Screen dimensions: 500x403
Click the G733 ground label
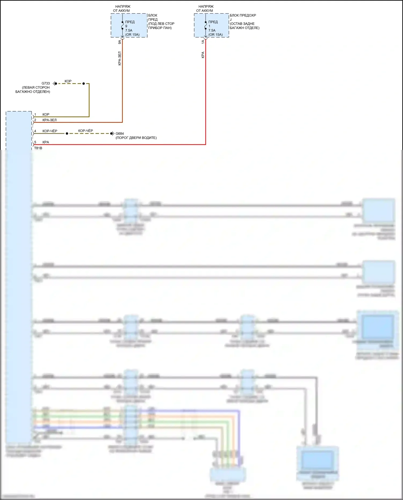pyautogui.click(x=46, y=84)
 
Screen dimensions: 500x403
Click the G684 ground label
pyautogui.click(x=120, y=134)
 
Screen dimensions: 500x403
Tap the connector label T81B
pyautogui.click(x=38, y=148)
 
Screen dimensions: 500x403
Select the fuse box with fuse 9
pyautogui.click(x=129, y=26)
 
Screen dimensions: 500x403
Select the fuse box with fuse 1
pyautogui.click(x=211, y=26)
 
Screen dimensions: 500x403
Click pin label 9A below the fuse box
pyautogui.click(x=120, y=42)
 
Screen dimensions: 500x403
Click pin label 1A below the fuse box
pyautogui.click(x=203, y=42)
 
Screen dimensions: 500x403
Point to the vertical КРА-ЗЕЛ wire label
pyautogui.click(x=120, y=58)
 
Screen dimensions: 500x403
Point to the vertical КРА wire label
pyautogui.click(x=203, y=55)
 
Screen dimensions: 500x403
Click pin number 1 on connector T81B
pyautogui.click(x=35, y=115)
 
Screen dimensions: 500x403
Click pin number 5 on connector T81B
pyautogui.click(x=35, y=142)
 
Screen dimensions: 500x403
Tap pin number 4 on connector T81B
pyautogui.click(x=35, y=131)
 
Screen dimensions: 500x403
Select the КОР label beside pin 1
pyautogui.click(x=46, y=115)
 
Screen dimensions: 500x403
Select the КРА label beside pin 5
pyautogui.click(x=46, y=142)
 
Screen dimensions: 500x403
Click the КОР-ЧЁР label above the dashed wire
pyautogui.click(x=85, y=131)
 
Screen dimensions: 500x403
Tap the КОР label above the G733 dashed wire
pyautogui.click(x=68, y=81)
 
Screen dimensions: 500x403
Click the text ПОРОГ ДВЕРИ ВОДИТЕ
pyautogui.click(x=136, y=138)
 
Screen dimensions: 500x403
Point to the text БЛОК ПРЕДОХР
pyautogui.click(x=243, y=16)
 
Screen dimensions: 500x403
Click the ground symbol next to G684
pyautogui.click(x=112, y=134)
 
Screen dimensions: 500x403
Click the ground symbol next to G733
pyautogui.click(x=54, y=84)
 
